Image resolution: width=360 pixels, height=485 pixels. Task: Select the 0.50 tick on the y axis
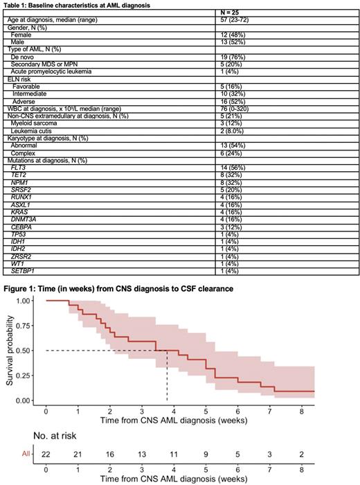[24, 351]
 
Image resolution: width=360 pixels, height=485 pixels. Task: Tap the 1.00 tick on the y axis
[24, 301]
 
